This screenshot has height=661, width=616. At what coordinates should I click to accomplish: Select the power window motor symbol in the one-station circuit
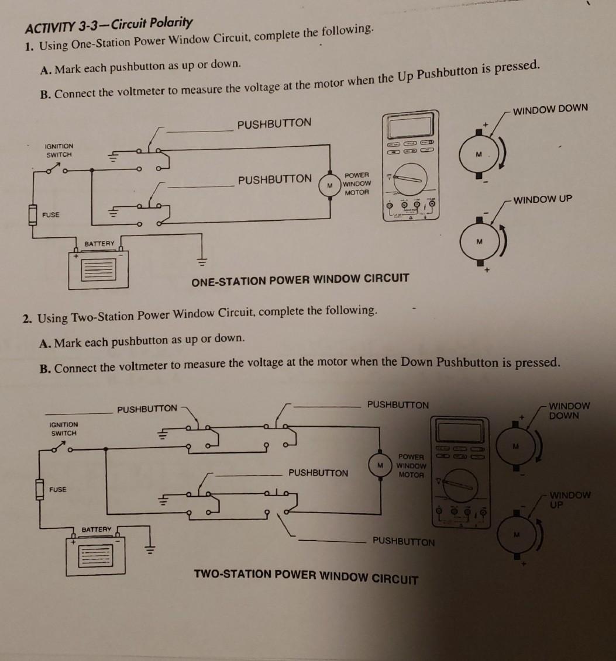330,185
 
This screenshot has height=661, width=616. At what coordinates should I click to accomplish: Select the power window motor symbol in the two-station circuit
380,465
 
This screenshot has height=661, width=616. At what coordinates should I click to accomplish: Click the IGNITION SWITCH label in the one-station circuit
60,150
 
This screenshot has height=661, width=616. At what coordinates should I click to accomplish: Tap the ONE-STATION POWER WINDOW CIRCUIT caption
300,279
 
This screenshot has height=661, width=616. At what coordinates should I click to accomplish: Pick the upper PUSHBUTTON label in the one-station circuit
274,123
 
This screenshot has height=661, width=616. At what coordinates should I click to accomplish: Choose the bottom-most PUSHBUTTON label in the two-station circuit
404,541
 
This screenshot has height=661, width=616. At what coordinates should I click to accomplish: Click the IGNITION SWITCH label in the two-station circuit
64,428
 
